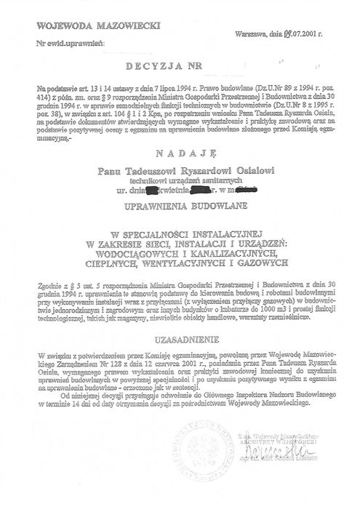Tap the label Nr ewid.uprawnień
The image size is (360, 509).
click(64, 44)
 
